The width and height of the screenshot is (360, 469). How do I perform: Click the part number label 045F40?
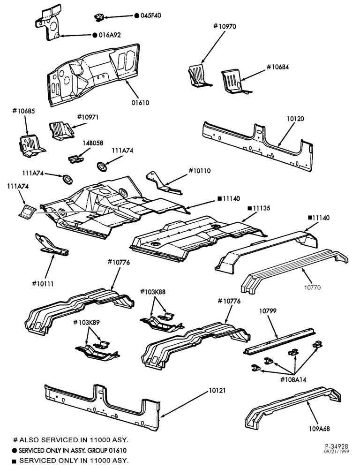point(150,15)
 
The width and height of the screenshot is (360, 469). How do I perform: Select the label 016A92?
point(110,35)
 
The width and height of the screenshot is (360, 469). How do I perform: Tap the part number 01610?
point(140,103)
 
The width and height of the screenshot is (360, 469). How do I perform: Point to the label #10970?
point(225,26)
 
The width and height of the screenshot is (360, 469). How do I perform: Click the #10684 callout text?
point(277,67)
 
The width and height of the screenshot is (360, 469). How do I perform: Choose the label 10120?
point(295,119)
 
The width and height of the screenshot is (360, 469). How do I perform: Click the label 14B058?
point(93,143)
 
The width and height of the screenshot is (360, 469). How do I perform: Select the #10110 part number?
point(199,171)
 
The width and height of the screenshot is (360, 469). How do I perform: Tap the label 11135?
point(262,208)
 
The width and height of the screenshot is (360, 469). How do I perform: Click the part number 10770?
point(312,287)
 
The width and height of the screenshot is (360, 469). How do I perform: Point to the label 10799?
point(268,311)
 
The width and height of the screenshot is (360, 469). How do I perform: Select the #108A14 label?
point(293,380)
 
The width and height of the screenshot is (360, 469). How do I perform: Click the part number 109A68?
point(319,429)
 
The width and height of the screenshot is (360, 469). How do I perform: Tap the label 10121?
point(217,390)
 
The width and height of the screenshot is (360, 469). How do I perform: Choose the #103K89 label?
point(86,323)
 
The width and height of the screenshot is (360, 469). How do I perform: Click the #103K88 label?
point(153,291)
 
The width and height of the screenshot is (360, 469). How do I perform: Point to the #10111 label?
point(43,284)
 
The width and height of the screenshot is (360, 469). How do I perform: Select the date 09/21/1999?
point(337,452)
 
